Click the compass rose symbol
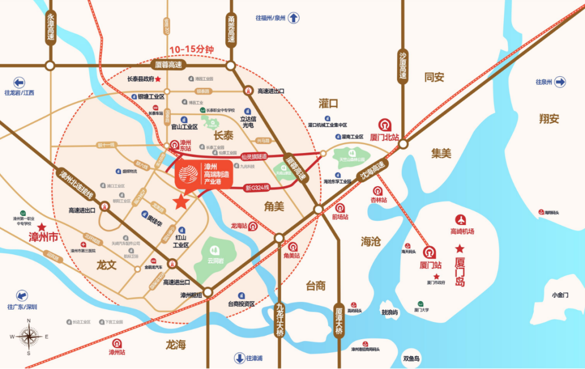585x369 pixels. pyautogui.click(x=29, y=336)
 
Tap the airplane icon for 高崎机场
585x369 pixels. pyautogui.click(x=461, y=220)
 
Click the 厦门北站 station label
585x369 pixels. pyautogui.click(x=385, y=136)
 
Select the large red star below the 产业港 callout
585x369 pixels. pyautogui.click(x=181, y=202)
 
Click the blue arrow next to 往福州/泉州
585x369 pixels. pyautogui.click(x=294, y=18)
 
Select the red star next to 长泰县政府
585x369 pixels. pyautogui.click(x=159, y=79)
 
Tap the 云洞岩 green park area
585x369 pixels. pyautogui.click(x=215, y=255)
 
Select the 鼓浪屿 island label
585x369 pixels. pyautogui.click(x=389, y=312)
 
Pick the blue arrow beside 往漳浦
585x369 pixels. pyautogui.click(x=239, y=358)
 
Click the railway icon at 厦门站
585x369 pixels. pyautogui.click(x=430, y=253)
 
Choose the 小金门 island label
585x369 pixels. pyautogui.click(x=560, y=295)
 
